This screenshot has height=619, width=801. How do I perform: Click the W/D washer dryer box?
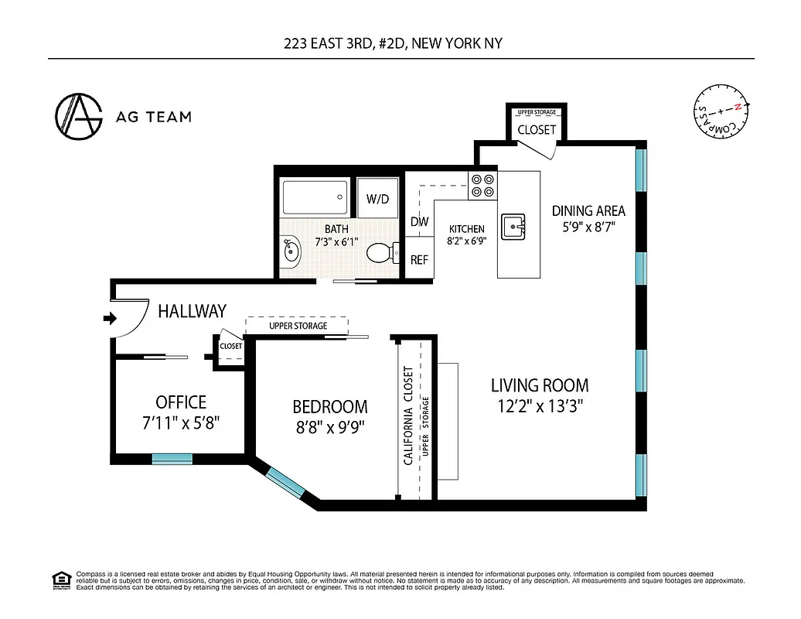click(x=377, y=199)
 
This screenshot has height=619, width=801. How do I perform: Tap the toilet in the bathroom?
click(x=380, y=253)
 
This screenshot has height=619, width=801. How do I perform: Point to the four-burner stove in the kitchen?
click(x=483, y=185)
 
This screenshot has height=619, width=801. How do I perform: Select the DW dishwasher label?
click(x=419, y=222)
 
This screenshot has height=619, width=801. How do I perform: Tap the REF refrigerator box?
click(x=419, y=260)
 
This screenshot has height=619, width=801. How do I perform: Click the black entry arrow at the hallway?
click(x=109, y=317)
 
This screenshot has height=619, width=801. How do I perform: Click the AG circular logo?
click(x=79, y=117)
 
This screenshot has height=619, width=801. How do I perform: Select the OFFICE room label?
click(x=181, y=402)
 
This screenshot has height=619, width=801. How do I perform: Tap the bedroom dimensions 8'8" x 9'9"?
click(x=329, y=426)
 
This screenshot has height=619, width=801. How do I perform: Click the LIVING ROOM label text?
click(x=540, y=385)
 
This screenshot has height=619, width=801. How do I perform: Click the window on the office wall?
click(x=172, y=459)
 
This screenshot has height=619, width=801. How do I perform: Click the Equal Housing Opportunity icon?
click(x=60, y=580)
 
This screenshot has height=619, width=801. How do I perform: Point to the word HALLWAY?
click(x=192, y=311)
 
